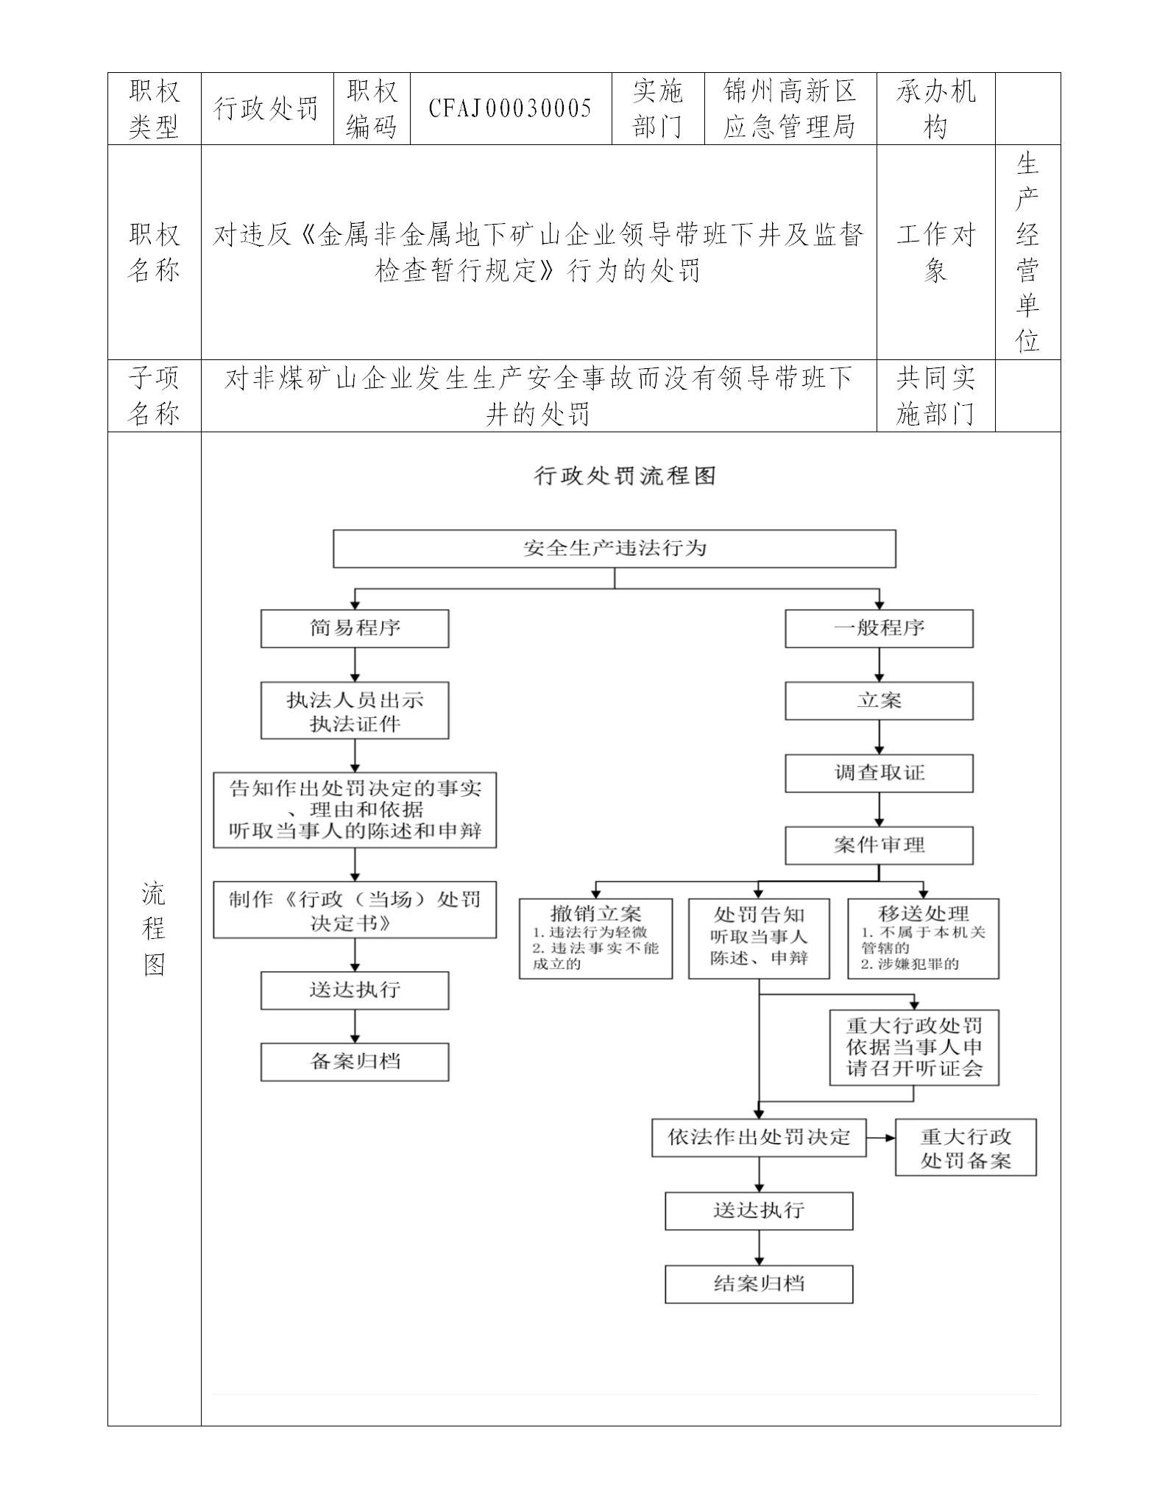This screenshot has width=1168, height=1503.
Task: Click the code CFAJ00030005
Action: click(x=510, y=109)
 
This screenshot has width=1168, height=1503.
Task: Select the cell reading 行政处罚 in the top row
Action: click(x=266, y=109)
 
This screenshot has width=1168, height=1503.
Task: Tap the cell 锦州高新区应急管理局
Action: click(x=790, y=109)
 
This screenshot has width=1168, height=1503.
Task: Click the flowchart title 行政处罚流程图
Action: click(x=625, y=476)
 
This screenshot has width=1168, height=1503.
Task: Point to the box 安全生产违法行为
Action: click(x=614, y=549)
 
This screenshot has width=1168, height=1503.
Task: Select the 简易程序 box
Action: click(x=355, y=629)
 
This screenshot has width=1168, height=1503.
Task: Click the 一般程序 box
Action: click(x=879, y=629)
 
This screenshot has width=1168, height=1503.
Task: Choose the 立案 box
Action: click(x=879, y=701)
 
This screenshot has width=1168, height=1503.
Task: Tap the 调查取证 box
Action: click(x=879, y=773)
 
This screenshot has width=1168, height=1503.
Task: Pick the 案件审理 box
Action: click(x=879, y=845)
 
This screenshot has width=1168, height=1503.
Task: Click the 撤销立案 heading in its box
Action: click(x=595, y=914)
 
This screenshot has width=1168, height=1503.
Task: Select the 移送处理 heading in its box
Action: click(x=923, y=914)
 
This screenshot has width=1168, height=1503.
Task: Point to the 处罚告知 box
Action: click(x=759, y=938)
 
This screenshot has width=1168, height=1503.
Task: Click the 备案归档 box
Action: click(x=355, y=1062)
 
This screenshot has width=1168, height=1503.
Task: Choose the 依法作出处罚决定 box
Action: click(x=759, y=1138)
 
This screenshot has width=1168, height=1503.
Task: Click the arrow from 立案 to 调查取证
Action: click(x=879, y=737)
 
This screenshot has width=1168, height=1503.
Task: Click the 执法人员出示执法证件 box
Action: click(x=355, y=711)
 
